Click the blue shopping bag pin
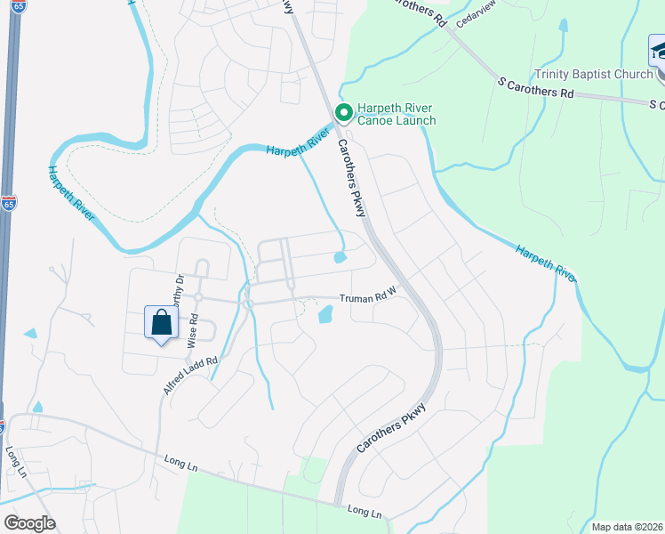161,323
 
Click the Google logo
28,522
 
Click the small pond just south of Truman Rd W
324,314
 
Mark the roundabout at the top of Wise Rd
198,297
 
